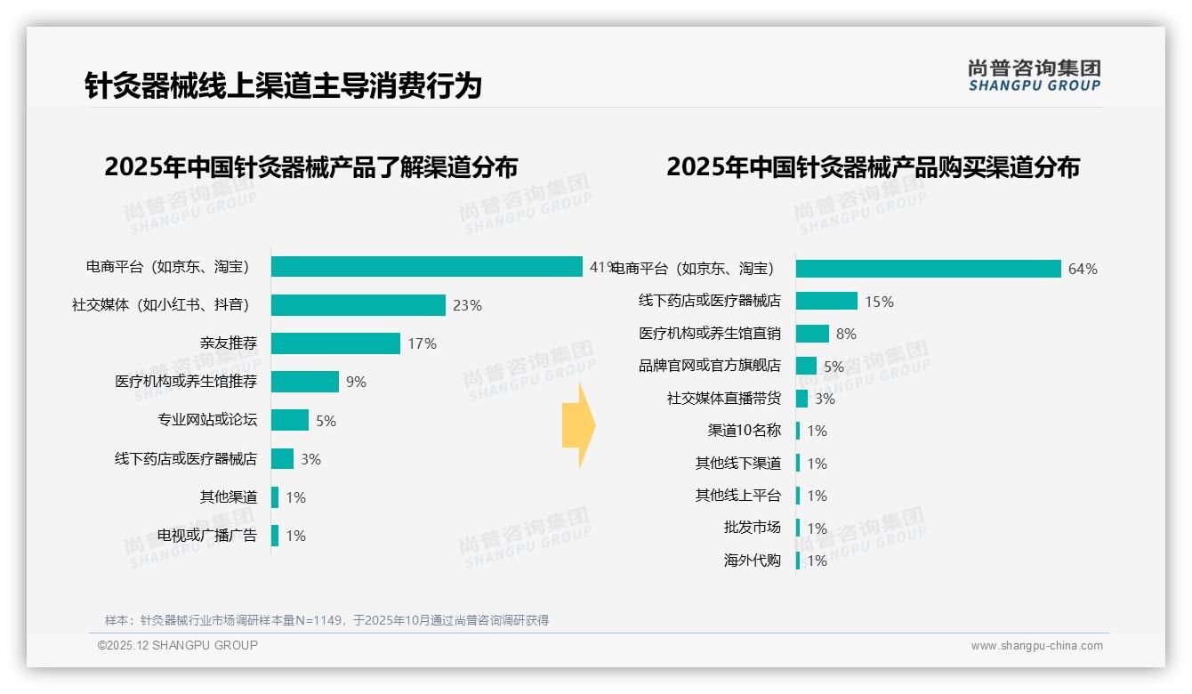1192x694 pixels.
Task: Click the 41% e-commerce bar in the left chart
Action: (427, 267)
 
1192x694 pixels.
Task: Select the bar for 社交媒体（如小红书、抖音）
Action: (358, 305)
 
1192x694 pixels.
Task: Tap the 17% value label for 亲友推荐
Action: (423, 343)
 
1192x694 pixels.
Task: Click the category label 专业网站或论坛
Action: (207, 420)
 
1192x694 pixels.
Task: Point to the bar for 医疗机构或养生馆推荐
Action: (304, 382)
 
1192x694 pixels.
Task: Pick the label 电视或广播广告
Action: (207, 536)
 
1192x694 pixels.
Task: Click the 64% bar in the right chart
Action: (928, 269)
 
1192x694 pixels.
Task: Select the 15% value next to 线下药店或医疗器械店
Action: (879, 302)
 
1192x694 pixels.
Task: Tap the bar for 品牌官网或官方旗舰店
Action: (806, 366)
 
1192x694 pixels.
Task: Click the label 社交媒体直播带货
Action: (724, 399)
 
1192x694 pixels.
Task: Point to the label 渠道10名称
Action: (745, 431)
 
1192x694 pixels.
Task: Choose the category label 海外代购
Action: (753, 561)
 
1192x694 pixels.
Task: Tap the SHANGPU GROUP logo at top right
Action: (1034, 76)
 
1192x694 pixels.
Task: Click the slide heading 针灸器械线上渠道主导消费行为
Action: (283, 86)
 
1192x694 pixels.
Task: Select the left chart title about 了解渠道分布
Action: (310, 167)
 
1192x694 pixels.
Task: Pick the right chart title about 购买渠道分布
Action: (873, 167)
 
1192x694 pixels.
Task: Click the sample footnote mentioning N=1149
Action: (326, 620)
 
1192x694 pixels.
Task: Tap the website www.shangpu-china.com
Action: (1036, 646)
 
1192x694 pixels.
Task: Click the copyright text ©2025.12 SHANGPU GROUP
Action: (178, 645)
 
